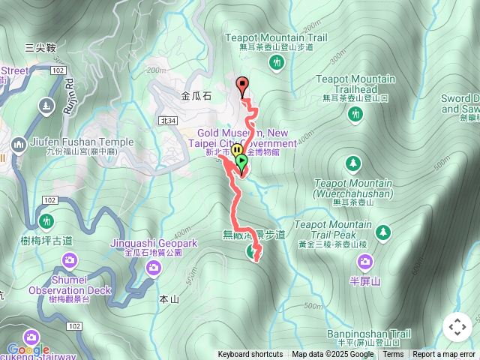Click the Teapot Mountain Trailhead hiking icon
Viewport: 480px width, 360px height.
[355, 114]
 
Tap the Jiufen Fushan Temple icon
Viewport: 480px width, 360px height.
[19, 143]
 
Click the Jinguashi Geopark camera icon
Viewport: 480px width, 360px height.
[154, 267]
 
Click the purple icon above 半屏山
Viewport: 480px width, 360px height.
[365, 262]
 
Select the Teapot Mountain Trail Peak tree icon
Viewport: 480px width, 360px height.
[383, 232]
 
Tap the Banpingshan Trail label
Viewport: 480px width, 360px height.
[369, 334]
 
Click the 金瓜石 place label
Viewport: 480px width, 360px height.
[196, 96]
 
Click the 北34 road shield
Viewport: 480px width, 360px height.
[168, 120]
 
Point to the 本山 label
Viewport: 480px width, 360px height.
[169, 299]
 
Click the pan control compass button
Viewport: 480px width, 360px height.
[457, 327]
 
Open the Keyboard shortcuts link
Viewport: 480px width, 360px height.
[250, 355]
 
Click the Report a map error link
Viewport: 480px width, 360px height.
[444, 355]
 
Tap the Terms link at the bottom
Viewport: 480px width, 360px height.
[393, 355]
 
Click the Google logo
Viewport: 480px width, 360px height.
[28, 349]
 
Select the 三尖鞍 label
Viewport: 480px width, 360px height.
[40, 47]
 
